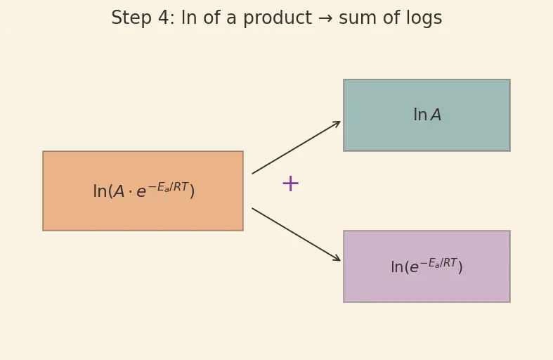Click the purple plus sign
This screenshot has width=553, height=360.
(x=291, y=184)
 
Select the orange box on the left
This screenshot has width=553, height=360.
(x=143, y=191)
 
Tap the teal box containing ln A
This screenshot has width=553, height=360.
(x=427, y=115)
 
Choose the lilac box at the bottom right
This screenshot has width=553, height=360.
(x=427, y=266)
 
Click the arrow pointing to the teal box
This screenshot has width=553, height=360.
(x=297, y=148)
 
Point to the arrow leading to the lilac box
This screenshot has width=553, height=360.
(x=297, y=235)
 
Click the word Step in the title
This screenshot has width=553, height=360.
(x=131, y=18)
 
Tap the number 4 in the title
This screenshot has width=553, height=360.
(x=164, y=18)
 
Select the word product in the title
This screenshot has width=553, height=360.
(x=278, y=18)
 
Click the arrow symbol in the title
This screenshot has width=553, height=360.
(x=325, y=18)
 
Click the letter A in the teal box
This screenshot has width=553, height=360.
(x=436, y=115)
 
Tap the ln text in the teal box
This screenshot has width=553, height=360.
(x=420, y=115)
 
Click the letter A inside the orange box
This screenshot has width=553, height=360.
(x=119, y=192)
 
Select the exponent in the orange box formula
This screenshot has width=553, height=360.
(x=168, y=187)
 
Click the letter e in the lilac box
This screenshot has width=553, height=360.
(x=414, y=267)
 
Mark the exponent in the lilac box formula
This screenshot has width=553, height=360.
(x=438, y=263)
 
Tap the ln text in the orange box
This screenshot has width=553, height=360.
(x=100, y=191)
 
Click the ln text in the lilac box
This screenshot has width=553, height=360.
(x=397, y=266)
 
